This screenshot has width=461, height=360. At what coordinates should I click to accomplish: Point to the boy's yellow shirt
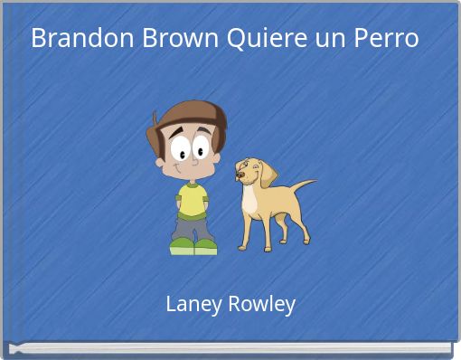click(193, 200)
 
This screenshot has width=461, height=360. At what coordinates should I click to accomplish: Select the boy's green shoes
click(193, 246)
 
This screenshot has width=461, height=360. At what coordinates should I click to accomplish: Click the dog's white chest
click(249, 202)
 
